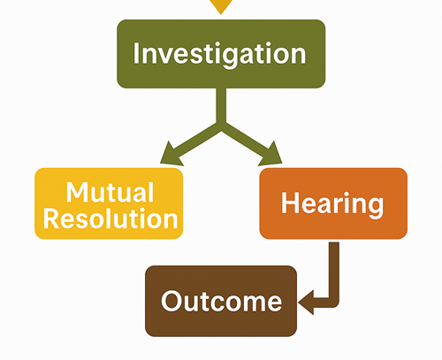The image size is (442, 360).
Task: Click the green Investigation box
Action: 221,53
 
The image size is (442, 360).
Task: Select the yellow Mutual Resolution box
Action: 109,203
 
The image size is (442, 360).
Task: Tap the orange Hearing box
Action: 333,203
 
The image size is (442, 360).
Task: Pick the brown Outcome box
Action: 221,301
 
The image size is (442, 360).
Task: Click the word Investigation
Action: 221,53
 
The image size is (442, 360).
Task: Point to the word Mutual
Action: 110,191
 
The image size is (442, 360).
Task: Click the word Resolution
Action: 110,218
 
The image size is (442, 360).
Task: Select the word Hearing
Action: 333,203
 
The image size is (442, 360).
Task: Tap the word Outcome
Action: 221,302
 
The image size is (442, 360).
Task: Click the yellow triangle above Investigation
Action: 222,5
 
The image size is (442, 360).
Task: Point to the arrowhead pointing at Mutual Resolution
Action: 166,158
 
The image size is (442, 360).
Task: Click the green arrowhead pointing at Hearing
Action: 273,158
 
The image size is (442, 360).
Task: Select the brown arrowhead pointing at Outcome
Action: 306,303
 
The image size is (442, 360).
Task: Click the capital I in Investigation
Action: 137,53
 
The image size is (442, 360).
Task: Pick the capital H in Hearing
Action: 288,203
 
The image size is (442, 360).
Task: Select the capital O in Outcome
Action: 170,302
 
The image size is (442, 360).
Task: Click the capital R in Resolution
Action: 52,218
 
